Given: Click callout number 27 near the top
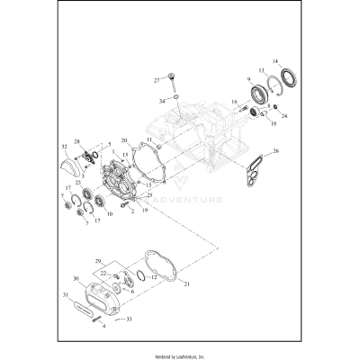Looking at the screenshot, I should click(156, 80).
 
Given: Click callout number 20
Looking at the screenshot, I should click(123, 141).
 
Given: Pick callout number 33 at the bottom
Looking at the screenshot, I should click(130, 318).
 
